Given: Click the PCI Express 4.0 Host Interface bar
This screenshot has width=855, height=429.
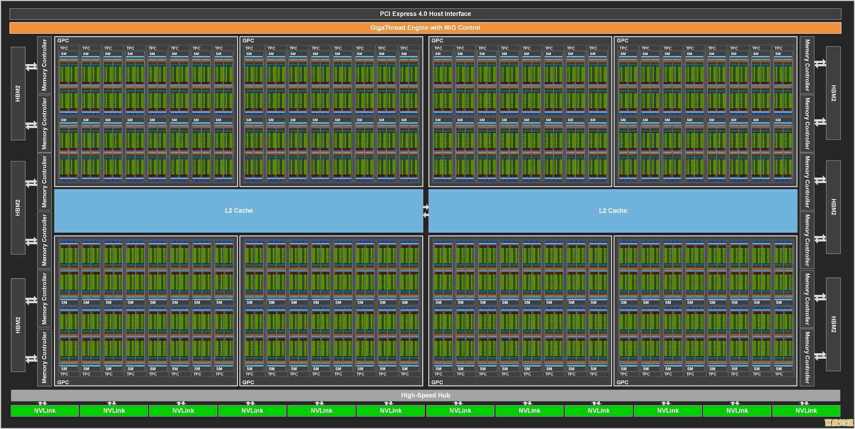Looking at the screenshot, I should [425, 14].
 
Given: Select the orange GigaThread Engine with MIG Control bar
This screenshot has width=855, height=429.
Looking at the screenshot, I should [425, 28].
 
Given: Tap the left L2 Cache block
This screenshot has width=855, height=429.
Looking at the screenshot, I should [239, 211].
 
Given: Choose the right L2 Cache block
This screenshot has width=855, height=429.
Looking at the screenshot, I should [613, 211].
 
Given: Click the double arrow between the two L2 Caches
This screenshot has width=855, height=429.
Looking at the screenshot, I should [426, 211].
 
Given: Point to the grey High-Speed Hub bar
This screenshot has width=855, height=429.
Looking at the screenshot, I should [425, 395].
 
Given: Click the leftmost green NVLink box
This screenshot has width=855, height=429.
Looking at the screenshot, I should [45, 411].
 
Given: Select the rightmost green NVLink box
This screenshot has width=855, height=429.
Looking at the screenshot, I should [806, 411].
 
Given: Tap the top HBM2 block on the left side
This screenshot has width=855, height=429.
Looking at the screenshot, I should [18, 93].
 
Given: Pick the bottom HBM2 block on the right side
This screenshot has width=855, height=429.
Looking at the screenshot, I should [833, 324].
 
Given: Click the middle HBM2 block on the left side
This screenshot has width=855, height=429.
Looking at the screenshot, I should [18, 207].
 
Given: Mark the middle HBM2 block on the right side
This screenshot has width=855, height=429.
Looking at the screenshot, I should [833, 207].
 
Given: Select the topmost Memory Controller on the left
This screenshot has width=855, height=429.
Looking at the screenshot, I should [44, 65].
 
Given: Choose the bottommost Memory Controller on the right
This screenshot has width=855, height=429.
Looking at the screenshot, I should [807, 357].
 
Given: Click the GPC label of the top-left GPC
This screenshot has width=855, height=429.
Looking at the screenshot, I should [63, 40].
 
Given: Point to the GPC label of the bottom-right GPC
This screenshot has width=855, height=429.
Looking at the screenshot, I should [622, 382].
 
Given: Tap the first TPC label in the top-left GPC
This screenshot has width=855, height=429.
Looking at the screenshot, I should [64, 48].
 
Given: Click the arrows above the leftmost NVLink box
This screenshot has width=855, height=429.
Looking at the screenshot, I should [42, 403].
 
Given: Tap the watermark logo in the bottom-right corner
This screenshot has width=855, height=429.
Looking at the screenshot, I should [839, 422].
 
